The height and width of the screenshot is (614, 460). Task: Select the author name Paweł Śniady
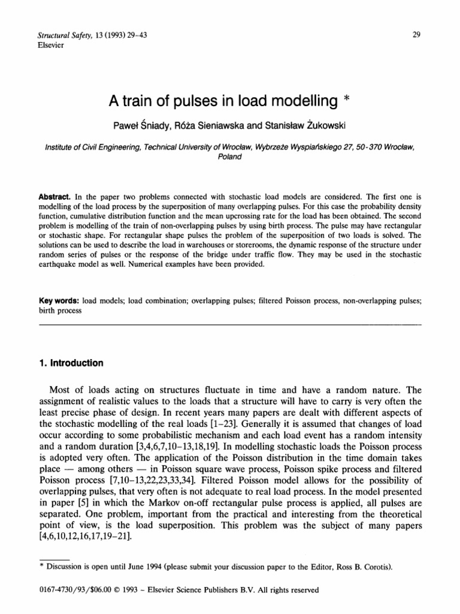142,125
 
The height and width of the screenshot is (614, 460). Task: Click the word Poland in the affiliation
230,157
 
